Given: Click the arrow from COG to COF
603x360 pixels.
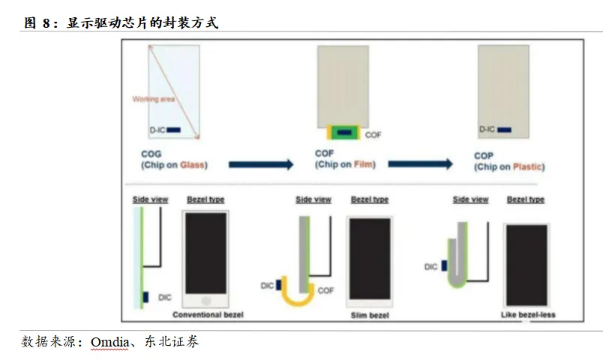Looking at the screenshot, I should tap(260, 164).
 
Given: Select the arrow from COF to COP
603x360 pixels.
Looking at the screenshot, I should tap(420, 164).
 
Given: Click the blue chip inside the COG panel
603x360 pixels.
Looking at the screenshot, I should tap(174, 130).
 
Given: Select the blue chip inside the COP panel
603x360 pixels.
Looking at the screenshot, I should tap(503, 130).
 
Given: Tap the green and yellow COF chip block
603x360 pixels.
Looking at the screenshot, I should tap(344, 133).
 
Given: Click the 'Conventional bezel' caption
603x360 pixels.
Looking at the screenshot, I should tap(208, 314).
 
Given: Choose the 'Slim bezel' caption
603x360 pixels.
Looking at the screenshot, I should tap(369, 315).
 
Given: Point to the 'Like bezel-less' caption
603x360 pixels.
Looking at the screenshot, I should tap(528, 315).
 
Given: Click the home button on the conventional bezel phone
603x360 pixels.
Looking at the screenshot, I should tap(206, 300).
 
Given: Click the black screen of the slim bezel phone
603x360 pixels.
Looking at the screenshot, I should tap(369, 259).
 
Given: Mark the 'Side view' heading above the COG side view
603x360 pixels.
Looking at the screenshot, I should tap(150, 199).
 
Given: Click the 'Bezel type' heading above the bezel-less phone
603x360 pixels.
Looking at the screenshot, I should tap(526, 199).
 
